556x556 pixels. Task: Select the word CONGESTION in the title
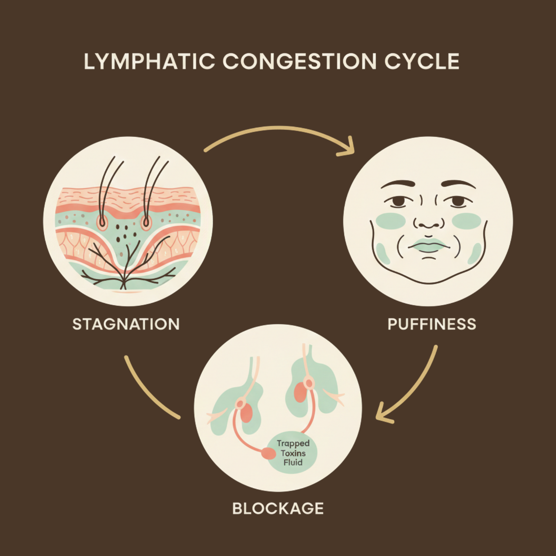pyautogui.click(x=299, y=62)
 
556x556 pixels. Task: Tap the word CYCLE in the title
pyautogui.click(x=422, y=62)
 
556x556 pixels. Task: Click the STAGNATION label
pyautogui.click(x=126, y=324)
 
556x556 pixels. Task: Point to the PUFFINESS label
pyautogui.click(x=432, y=324)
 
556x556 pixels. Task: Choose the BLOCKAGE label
pyautogui.click(x=278, y=508)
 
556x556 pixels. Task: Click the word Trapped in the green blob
pyautogui.click(x=293, y=443)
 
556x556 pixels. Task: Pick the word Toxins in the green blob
pyautogui.click(x=293, y=453)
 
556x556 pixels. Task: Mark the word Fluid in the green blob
pyautogui.click(x=293, y=462)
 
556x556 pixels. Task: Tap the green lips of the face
pyautogui.click(x=428, y=245)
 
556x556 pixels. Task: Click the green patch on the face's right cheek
pyautogui.click(x=466, y=221)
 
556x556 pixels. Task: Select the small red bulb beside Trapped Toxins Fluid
pyautogui.click(x=269, y=453)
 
